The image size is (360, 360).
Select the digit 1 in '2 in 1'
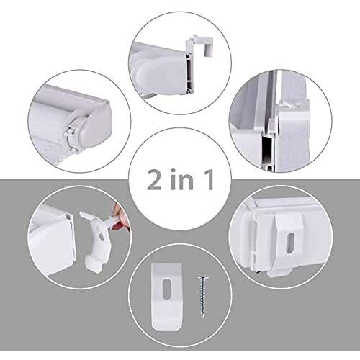pyautogui.click(x=209, y=178)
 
